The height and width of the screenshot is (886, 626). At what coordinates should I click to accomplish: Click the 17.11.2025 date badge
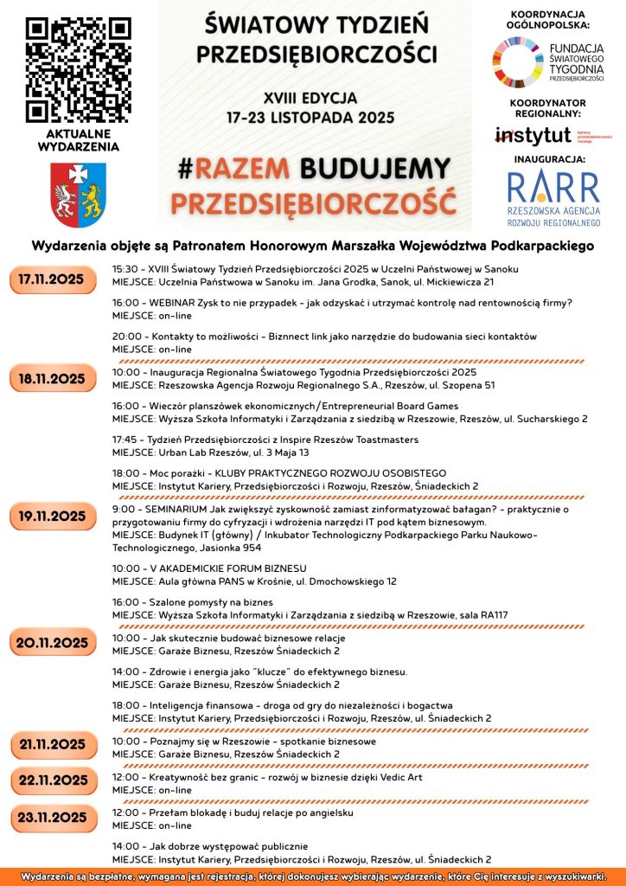pyautogui.click(x=53, y=279)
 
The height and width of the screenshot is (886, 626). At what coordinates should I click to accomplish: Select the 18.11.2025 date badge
pyautogui.click(x=53, y=378)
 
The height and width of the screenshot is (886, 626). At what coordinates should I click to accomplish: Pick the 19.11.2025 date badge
pyautogui.click(x=53, y=517)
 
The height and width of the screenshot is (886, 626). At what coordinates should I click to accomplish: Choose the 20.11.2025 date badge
pyautogui.click(x=53, y=642)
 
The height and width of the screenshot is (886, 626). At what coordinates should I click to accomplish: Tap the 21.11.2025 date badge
pyautogui.click(x=53, y=743)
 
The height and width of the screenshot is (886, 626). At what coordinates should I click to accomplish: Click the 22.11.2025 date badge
pyautogui.click(x=53, y=780)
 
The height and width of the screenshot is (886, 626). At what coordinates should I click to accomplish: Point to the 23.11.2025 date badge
pyautogui.click(x=53, y=817)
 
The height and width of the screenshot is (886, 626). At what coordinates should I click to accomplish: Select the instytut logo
pyautogui.click(x=533, y=135)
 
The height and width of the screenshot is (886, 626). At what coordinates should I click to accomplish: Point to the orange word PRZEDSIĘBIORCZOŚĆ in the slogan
pyautogui.click(x=312, y=202)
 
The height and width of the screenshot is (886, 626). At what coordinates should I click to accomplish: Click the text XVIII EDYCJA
pyautogui.click(x=310, y=97)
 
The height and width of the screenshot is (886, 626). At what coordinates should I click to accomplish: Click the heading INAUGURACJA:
pyautogui.click(x=550, y=159)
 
